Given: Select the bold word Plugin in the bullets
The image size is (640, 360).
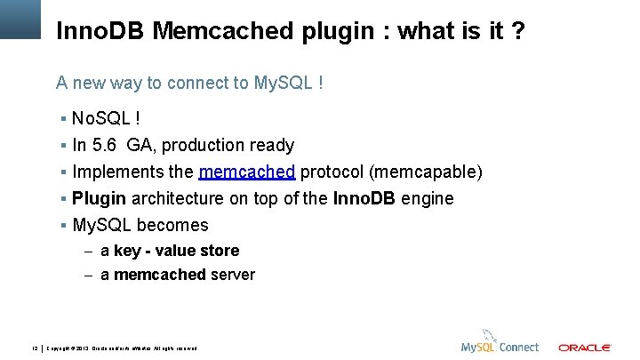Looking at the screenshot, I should (100, 198).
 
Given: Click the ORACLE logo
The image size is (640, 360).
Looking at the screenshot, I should (584, 347).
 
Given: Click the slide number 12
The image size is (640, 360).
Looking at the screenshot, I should (35, 347).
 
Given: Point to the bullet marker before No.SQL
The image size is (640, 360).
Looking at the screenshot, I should (64, 118).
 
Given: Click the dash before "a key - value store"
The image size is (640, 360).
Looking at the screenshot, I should (89, 252).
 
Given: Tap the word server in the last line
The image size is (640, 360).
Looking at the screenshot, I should (233, 275).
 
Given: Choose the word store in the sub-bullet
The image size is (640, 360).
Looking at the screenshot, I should (220, 251).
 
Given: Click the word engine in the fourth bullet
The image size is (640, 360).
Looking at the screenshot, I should (428, 198).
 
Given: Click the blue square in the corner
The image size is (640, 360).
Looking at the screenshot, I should (20, 18).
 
